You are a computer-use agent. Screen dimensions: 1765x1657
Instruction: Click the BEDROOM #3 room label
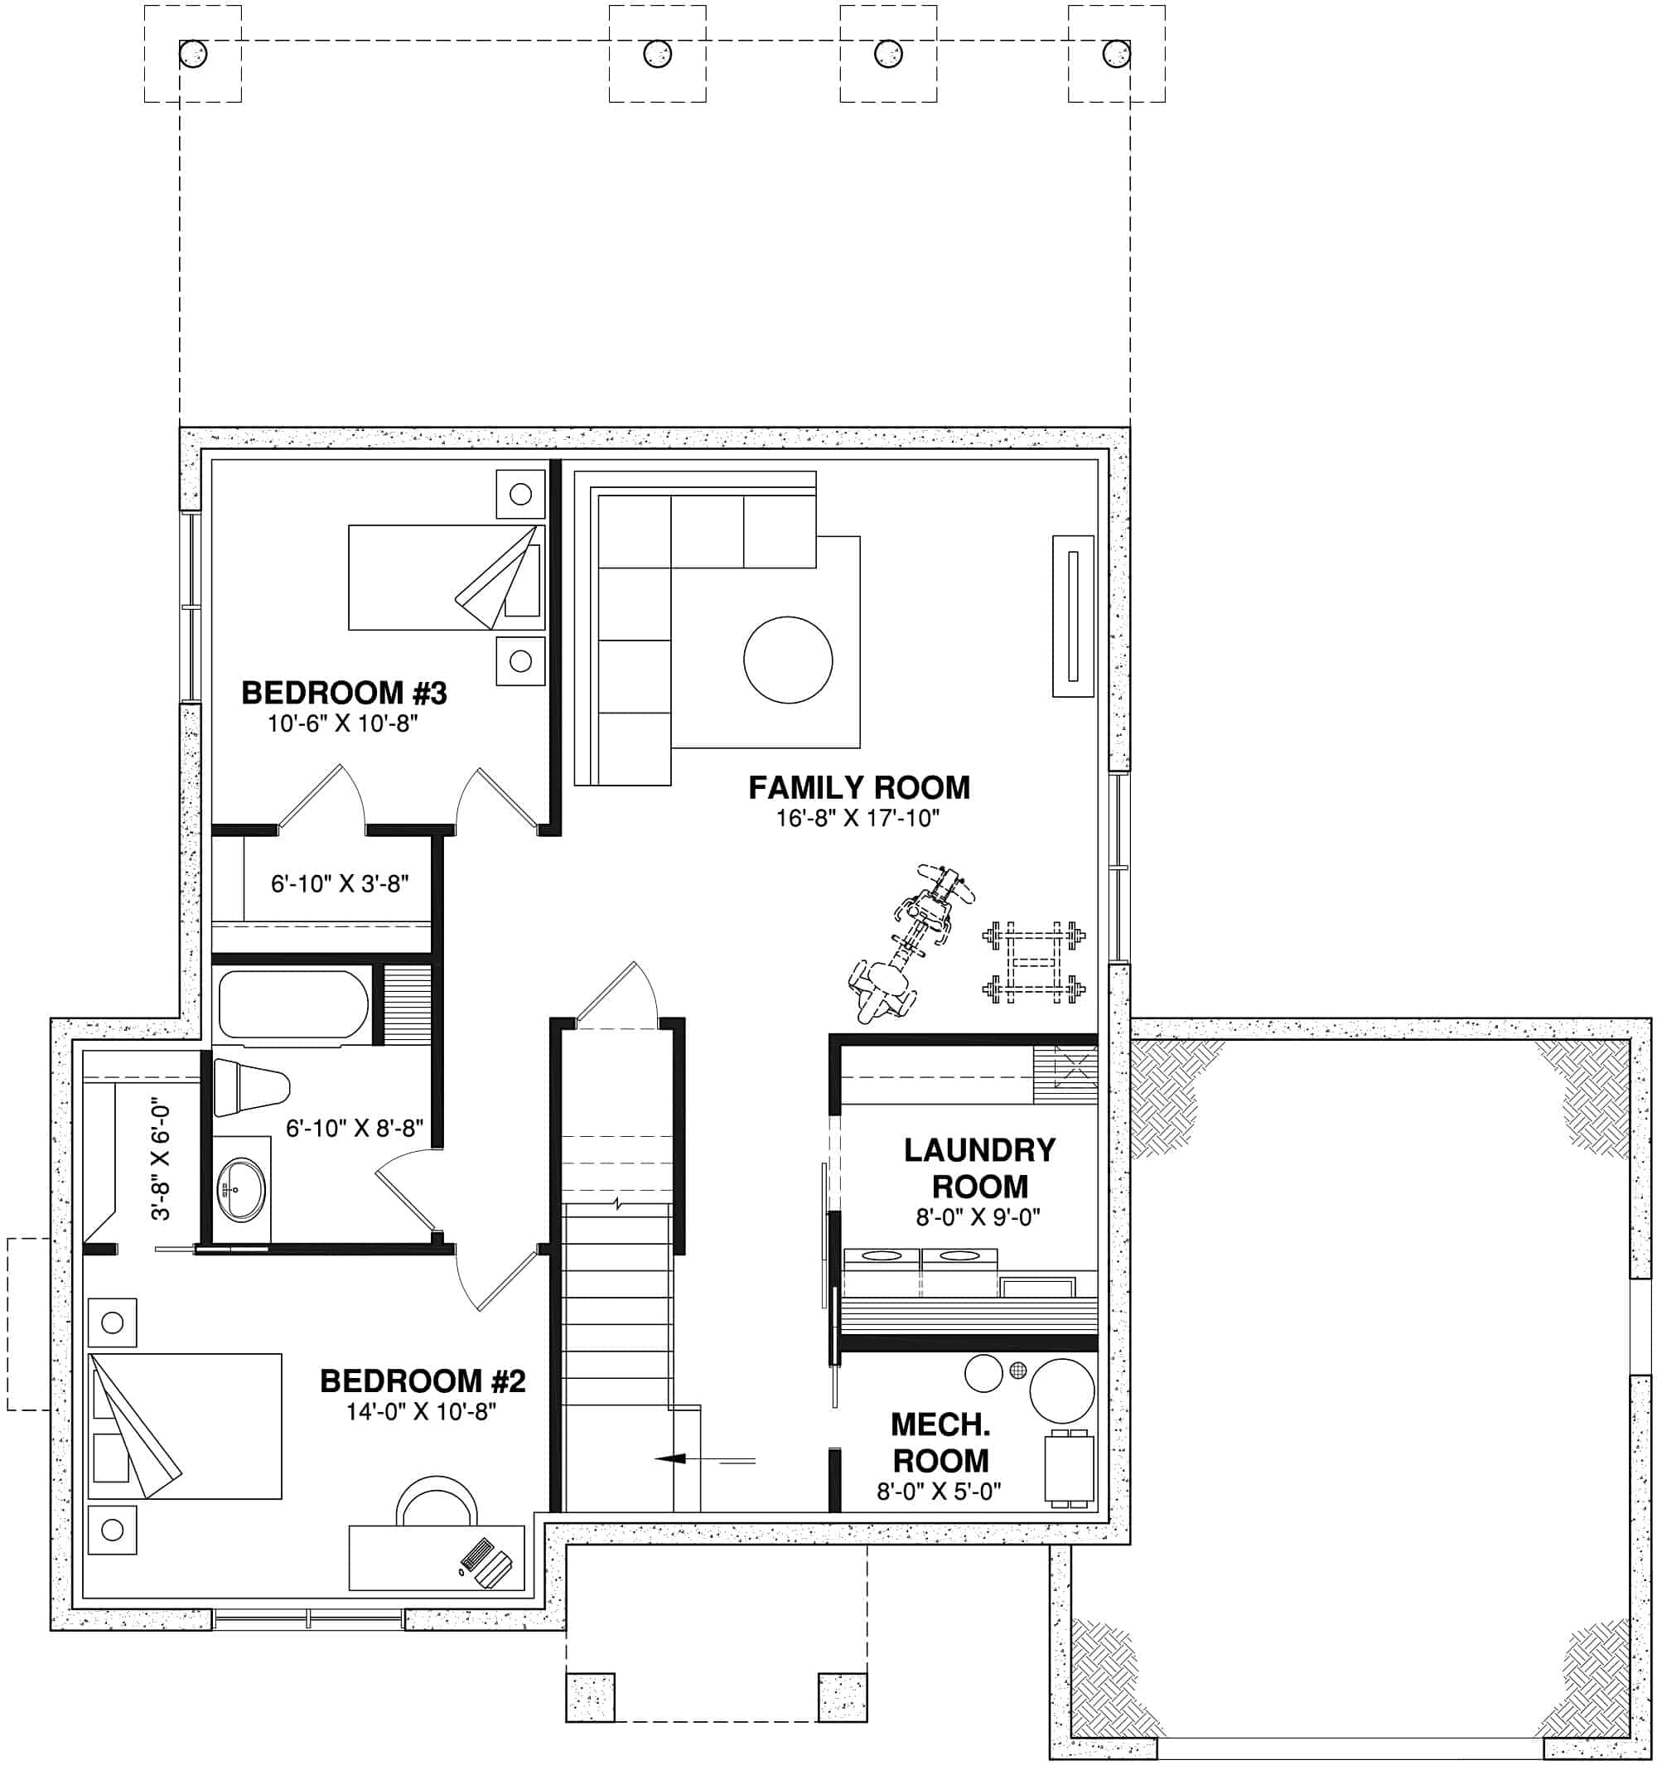click(344, 692)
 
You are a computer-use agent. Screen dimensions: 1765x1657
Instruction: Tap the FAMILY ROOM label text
click(858, 786)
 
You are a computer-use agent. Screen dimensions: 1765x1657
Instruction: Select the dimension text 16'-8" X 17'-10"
click(857, 818)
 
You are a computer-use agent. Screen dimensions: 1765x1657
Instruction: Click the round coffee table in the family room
click(787, 660)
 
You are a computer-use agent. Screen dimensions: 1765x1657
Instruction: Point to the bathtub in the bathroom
click(293, 1005)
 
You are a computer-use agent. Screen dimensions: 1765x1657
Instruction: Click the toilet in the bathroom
click(253, 1086)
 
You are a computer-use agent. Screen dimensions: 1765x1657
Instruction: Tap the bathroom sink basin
click(240, 1190)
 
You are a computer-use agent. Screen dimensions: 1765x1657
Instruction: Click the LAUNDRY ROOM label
click(979, 1168)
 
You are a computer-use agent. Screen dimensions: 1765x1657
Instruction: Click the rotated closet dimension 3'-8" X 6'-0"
click(160, 1161)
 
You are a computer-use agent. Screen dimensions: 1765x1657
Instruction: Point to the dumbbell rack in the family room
click(1034, 961)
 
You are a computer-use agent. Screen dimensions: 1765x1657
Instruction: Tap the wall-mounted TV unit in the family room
click(1072, 617)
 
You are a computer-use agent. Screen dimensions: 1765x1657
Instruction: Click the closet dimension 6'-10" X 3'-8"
click(339, 883)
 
